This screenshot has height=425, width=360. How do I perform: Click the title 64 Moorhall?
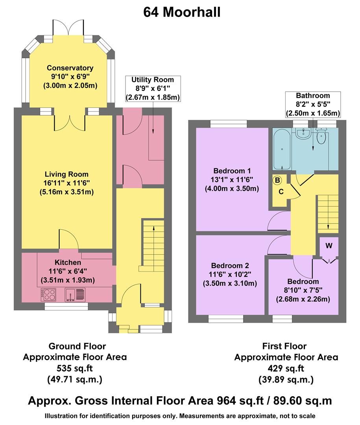point(182,12)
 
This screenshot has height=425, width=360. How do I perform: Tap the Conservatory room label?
point(70,68)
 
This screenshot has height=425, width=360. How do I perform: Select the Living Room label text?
point(66,174)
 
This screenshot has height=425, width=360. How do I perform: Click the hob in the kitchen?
point(49,294)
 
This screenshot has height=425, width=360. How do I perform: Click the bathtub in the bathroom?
point(281,150)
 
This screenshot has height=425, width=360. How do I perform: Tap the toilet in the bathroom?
point(321,138)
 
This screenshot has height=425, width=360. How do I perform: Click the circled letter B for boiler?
point(277,181)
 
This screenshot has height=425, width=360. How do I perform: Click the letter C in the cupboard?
point(281,192)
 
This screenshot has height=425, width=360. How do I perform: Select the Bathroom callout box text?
point(313,104)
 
